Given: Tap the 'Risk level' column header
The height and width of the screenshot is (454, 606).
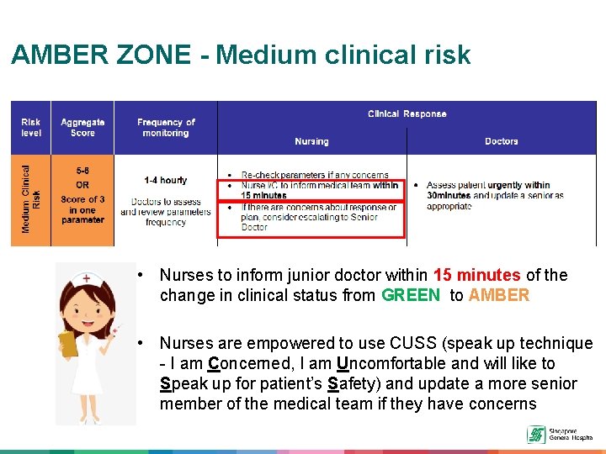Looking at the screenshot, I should point(31,128).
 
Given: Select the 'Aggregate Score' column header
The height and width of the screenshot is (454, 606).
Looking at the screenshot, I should point(82,128).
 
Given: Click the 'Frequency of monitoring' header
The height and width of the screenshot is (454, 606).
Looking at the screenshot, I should point(166,128).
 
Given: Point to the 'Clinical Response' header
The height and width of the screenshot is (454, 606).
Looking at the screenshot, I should point(407,113).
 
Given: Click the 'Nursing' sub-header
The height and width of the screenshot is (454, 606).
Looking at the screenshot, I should point(311,141).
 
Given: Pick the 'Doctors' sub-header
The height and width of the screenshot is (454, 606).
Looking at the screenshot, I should point(501,141).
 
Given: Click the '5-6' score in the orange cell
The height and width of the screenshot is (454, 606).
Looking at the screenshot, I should point(82,170).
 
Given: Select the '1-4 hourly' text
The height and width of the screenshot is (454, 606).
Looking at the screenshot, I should point(166,180).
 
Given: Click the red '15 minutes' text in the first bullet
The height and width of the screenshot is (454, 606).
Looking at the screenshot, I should point(476,275).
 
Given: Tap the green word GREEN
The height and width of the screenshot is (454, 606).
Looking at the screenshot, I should point(411,295).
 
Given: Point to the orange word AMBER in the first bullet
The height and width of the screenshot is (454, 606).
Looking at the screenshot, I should point(499,295).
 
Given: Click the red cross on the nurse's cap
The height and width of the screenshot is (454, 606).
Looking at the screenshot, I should point(86,278).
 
